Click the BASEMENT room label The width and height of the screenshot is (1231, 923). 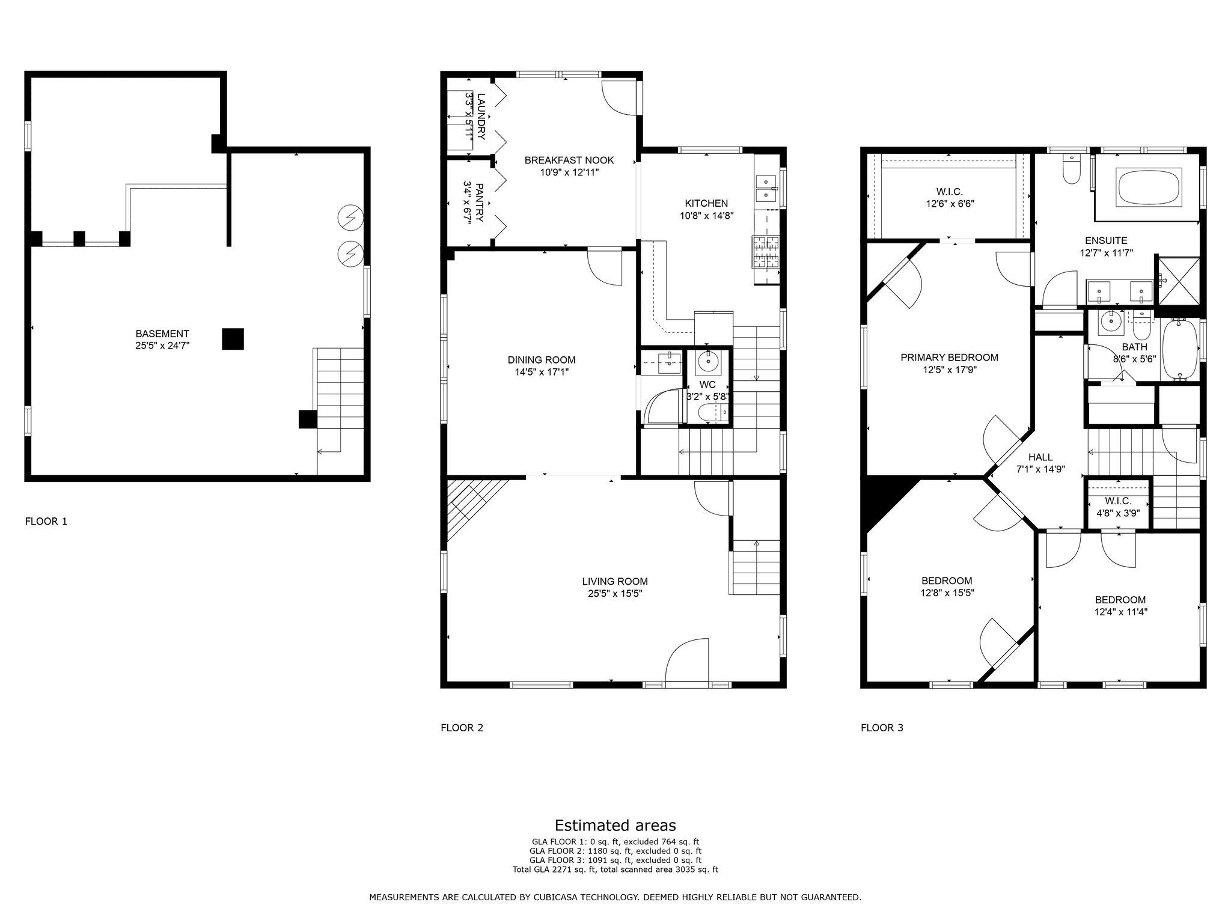tap(162, 334)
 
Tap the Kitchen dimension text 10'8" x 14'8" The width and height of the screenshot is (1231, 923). tap(707, 215)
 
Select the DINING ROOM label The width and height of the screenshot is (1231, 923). tap(542, 360)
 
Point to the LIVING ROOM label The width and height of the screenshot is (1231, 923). tap(615, 581)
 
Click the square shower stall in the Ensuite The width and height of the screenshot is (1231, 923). tap(1179, 279)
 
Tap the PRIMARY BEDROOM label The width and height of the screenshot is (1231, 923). tap(949, 358)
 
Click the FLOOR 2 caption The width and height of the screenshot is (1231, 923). tap(462, 728)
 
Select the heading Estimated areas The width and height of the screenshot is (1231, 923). tap(615, 825)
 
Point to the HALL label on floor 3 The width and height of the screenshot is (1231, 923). tap(1040, 457)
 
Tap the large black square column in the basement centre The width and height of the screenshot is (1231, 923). tap(233, 338)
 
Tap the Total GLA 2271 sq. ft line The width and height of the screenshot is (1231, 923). tap(615, 870)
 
